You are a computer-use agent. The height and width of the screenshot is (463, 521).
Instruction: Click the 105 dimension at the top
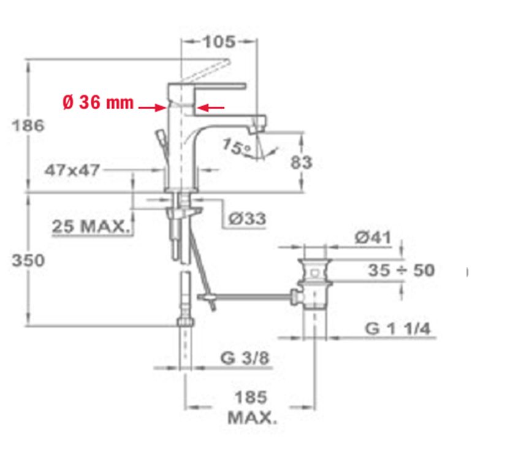219,42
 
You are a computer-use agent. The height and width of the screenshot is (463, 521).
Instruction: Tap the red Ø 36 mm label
98,102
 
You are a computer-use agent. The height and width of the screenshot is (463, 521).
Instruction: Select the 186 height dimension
28,126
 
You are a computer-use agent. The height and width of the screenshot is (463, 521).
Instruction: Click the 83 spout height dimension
302,163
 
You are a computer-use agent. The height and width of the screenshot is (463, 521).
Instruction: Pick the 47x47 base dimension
72,170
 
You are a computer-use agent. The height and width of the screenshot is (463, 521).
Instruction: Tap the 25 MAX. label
90,226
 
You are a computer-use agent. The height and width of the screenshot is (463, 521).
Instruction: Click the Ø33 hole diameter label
248,219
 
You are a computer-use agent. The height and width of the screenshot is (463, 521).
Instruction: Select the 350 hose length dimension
28,260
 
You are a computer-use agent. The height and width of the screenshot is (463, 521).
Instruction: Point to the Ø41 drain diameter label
373,237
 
